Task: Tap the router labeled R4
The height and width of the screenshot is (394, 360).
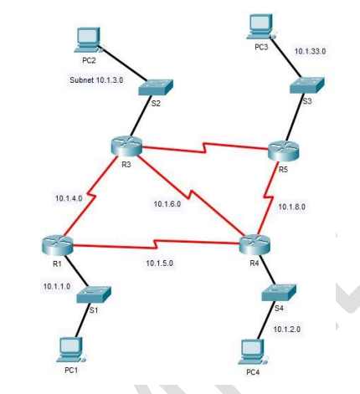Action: pyautogui.click(x=253, y=244)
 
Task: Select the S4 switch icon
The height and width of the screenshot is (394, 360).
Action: pyautogui.click(x=277, y=293)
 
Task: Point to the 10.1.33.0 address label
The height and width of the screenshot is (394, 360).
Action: pyautogui.click(x=311, y=51)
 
